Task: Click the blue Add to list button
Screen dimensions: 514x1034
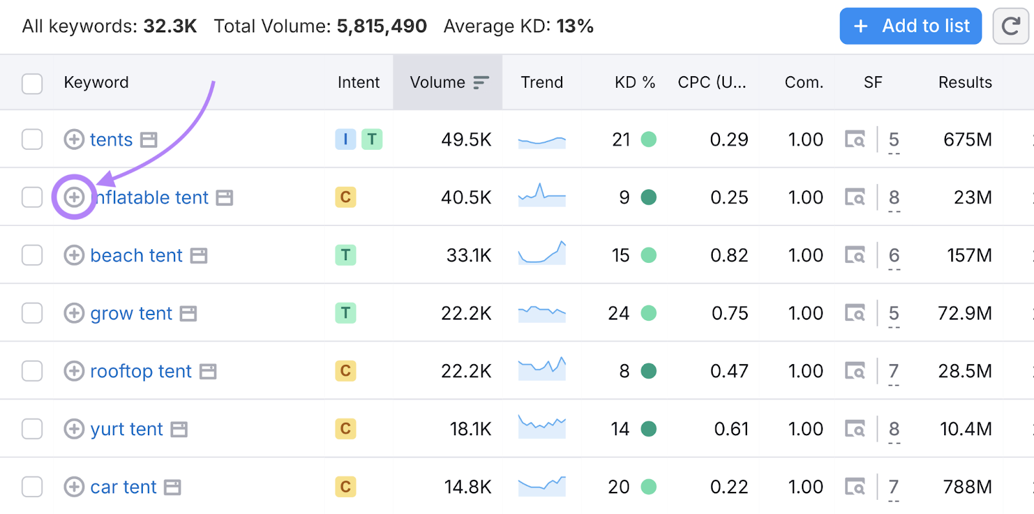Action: click(910, 26)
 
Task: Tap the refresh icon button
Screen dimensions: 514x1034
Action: click(1010, 26)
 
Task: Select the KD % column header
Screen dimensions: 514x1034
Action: click(634, 83)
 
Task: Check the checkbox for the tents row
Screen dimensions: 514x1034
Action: click(32, 139)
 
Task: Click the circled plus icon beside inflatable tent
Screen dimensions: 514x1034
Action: click(74, 197)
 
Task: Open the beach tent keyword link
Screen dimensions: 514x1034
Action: click(136, 256)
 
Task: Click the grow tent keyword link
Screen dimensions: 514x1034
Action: click(131, 314)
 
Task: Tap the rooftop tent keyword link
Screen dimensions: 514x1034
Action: click(141, 371)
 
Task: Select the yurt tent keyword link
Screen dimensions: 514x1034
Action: click(127, 429)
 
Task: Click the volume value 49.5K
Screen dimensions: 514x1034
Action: click(466, 139)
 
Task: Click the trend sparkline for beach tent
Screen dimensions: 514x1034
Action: click(542, 253)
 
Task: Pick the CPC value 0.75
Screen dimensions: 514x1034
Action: click(730, 314)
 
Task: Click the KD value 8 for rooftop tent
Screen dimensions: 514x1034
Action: click(624, 371)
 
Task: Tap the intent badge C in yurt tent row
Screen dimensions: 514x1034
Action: click(346, 429)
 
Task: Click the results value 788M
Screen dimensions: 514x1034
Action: click(967, 487)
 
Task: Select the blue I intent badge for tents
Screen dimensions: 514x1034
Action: click(346, 139)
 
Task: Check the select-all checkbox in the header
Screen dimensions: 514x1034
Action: click(32, 83)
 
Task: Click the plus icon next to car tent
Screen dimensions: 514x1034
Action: click(74, 487)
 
